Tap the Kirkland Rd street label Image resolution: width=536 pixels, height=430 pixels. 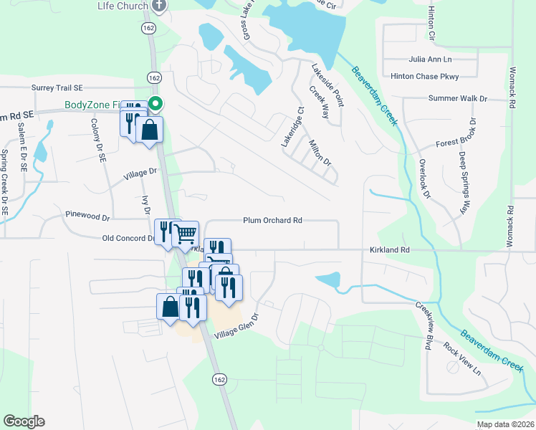click(389, 249)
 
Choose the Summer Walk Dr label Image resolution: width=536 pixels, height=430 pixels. click(457, 98)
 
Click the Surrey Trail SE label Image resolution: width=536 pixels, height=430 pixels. click(57, 87)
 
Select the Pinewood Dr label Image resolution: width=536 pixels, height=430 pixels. click(87, 215)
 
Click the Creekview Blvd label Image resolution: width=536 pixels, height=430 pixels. click(422, 325)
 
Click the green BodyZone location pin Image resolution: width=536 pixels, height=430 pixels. click(155, 105)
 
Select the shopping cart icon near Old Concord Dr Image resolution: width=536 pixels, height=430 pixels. click(186, 233)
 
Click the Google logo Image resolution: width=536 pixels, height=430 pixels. click(24, 421)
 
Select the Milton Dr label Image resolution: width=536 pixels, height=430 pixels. click(320, 152)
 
